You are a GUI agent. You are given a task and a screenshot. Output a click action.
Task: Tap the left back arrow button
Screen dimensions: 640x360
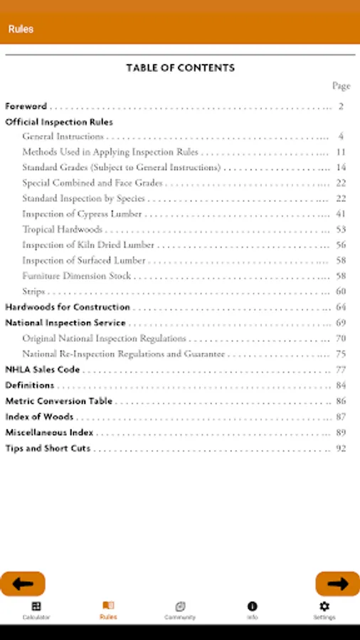(x=23, y=584)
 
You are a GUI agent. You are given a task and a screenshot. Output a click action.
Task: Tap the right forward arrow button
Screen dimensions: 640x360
(x=337, y=584)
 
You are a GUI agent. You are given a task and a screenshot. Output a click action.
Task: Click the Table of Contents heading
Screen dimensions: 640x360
(x=180, y=68)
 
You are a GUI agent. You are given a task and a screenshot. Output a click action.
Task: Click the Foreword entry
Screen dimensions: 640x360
(x=26, y=107)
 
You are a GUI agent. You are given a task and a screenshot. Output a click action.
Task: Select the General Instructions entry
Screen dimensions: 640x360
(x=63, y=137)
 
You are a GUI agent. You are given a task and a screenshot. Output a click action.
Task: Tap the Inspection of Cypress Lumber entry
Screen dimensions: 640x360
(x=82, y=214)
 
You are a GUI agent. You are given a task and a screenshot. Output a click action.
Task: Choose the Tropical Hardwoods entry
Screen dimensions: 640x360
(x=62, y=230)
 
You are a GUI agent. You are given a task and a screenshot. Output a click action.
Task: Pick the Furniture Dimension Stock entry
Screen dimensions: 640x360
(x=76, y=276)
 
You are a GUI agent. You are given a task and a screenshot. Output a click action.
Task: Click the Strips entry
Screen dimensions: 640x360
(x=33, y=292)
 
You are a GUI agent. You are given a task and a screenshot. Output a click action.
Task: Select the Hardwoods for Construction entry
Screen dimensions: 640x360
(x=68, y=307)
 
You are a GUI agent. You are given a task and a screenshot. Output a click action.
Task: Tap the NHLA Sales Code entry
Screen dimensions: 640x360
(x=43, y=370)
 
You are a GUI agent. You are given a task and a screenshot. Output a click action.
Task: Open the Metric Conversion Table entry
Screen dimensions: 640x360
(x=59, y=401)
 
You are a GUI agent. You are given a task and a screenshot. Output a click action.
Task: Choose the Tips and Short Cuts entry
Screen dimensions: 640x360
(x=48, y=449)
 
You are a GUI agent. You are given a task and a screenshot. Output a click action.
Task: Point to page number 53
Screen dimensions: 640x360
(x=341, y=230)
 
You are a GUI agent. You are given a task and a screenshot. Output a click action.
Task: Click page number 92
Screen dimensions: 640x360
(x=341, y=449)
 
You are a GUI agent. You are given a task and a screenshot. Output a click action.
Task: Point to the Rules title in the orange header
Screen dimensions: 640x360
(x=21, y=29)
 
